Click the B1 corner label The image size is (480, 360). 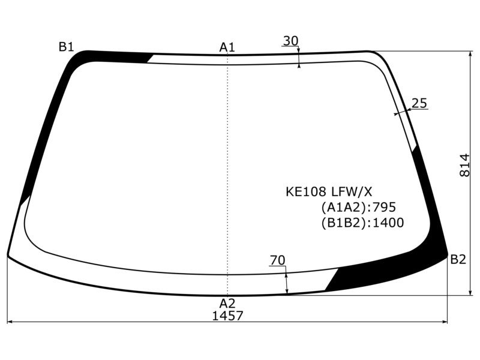67,47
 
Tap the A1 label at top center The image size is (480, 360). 227,47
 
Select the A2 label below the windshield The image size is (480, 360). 227,304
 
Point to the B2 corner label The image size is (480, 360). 458,260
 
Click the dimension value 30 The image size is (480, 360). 290,41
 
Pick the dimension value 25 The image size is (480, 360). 419,103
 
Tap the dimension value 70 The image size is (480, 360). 278,260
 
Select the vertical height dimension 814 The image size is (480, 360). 464,165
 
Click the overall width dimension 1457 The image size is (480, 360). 227,316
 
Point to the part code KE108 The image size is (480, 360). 306,192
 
